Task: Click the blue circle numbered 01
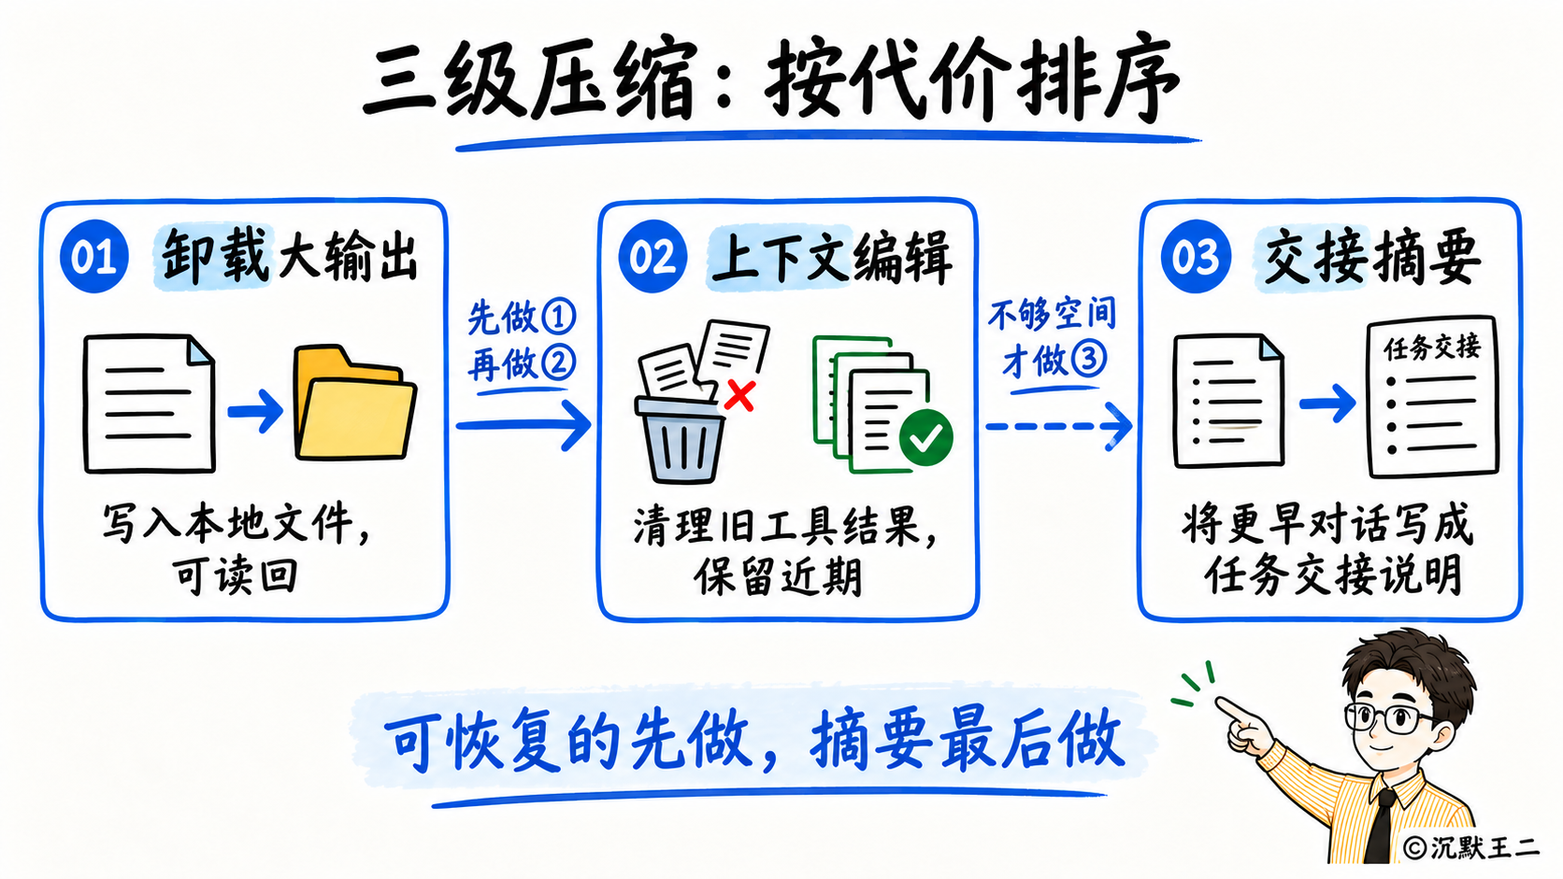pyautogui.click(x=94, y=257)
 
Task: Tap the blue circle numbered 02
pyautogui.click(x=653, y=257)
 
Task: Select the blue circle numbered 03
pyautogui.click(x=1196, y=257)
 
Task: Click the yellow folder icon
pyautogui.click(x=355, y=403)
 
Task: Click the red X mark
pyautogui.click(x=739, y=395)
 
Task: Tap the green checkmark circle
pyautogui.click(x=926, y=438)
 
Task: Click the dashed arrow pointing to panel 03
pyautogui.click(x=1058, y=426)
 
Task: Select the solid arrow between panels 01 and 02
pyautogui.click(x=524, y=424)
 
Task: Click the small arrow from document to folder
pyautogui.click(x=255, y=411)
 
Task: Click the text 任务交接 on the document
pyautogui.click(x=1432, y=347)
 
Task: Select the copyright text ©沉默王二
pyautogui.click(x=1470, y=847)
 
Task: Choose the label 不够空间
pyautogui.click(x=1053, y=315)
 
